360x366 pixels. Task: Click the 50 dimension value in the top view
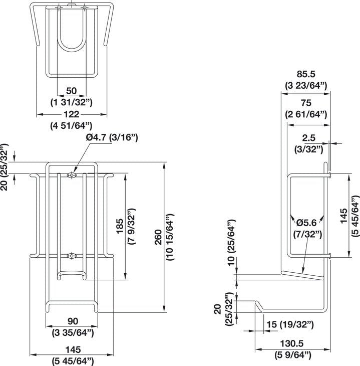click(71, 91)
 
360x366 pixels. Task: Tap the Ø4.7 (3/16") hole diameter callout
click(111, 137)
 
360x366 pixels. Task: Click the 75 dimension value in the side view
click(306, 103)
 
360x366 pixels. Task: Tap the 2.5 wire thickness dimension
click(308, 137)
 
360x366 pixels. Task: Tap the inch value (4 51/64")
click(71, 125)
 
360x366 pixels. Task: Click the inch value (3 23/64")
click(305, 85)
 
